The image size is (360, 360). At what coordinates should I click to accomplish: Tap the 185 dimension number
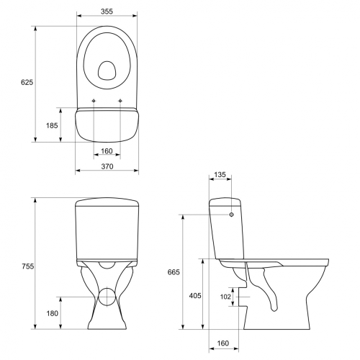53,125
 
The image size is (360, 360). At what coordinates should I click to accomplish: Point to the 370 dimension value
107,166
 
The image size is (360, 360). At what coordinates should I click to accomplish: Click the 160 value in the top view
107,150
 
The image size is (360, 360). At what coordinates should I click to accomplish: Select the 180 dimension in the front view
53,313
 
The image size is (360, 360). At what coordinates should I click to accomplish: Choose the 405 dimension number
195,295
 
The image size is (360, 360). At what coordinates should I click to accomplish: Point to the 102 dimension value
225,296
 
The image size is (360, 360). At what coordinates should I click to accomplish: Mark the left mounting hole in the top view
94,99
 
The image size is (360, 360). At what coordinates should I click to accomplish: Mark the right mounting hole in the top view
120,99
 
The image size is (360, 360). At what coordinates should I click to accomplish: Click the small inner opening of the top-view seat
107,70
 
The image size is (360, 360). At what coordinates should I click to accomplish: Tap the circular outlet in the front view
107,296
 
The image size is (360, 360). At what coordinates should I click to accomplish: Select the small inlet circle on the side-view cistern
232,215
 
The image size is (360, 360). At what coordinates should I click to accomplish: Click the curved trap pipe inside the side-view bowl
268,288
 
